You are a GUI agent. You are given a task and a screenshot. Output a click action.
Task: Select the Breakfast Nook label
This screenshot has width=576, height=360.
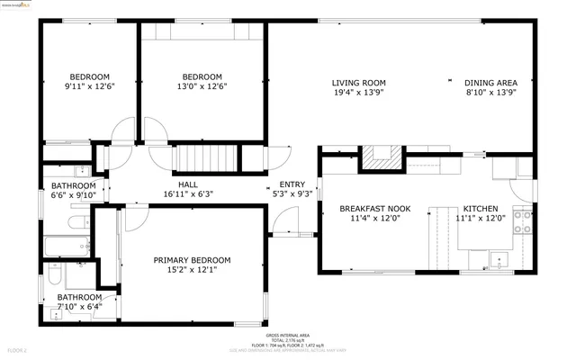point(374,208)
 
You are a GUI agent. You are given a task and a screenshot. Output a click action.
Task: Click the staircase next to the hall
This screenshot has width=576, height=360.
point(206,159)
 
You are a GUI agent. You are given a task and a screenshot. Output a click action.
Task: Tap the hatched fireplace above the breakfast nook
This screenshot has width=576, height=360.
point(382,157)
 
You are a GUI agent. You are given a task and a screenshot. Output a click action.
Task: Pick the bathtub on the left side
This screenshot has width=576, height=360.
point(66,245)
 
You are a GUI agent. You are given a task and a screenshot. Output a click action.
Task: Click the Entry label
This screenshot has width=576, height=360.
point(292,184)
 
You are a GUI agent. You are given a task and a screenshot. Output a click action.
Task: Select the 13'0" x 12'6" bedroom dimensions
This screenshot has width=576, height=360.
point(202,86)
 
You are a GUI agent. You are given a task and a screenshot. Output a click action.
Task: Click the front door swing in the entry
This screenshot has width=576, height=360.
point(286,220)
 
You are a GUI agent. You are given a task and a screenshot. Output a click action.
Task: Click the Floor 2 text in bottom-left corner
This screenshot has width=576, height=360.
point(18,349)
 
